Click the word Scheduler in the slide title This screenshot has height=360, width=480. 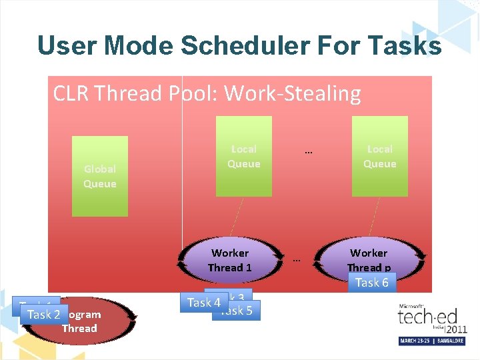click(245, 45)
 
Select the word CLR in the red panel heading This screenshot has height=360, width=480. click(72, 93)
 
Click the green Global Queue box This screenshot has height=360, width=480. click(100, 177)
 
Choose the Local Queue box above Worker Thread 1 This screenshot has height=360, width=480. click(243, 157)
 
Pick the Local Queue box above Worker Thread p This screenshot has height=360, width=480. click(379, 157)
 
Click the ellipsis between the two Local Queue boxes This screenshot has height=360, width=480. click(308, 151)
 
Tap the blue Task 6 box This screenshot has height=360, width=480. click(372, 283)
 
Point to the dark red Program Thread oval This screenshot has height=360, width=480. click(93, 321)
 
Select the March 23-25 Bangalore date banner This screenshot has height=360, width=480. click(433, 341)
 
